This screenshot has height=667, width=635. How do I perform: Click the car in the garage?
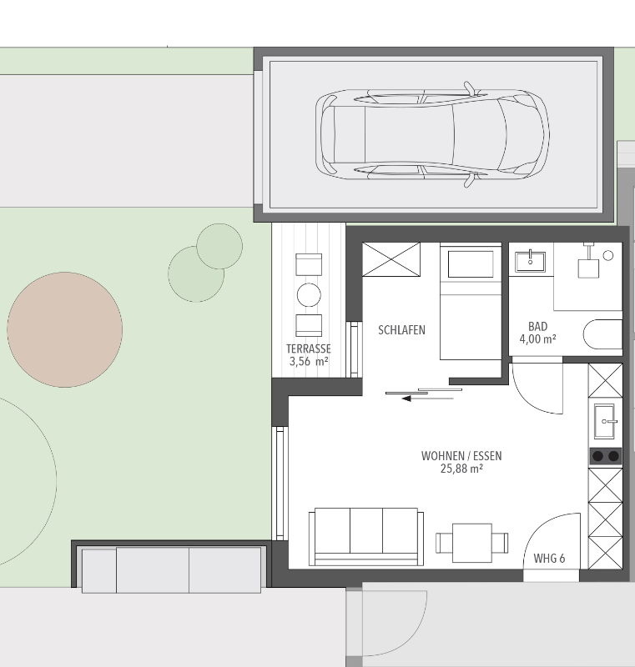coord(432,134)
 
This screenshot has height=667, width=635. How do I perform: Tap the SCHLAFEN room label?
coord(401,330)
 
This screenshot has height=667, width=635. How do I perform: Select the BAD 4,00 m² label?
coord(537,333)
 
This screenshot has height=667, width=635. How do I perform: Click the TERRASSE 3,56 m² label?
coord(309,355)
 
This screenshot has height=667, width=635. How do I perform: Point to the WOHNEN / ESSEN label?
coord(461,456)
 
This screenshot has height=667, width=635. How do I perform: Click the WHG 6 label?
coord(549,558)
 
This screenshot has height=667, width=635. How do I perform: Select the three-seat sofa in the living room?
coord(366,537)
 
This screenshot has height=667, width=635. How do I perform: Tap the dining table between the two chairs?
coord(472,543)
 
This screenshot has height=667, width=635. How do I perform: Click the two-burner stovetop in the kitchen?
coord(605,456)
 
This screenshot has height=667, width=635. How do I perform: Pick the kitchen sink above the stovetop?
coord(605,421)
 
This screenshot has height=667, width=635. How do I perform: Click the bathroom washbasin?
coord(530,262)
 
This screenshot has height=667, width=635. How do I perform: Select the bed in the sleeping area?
coord(471,301)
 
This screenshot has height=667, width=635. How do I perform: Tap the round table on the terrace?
coord(309,295)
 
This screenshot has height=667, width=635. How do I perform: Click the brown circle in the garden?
coord(65,329)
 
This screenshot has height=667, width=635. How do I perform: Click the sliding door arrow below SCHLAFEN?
coord(427,399)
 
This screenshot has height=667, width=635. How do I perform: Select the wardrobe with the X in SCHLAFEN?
coord(391,259)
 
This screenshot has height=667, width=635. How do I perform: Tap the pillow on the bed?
coord(471,264)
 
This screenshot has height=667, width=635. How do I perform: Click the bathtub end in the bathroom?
coord(602,334)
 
